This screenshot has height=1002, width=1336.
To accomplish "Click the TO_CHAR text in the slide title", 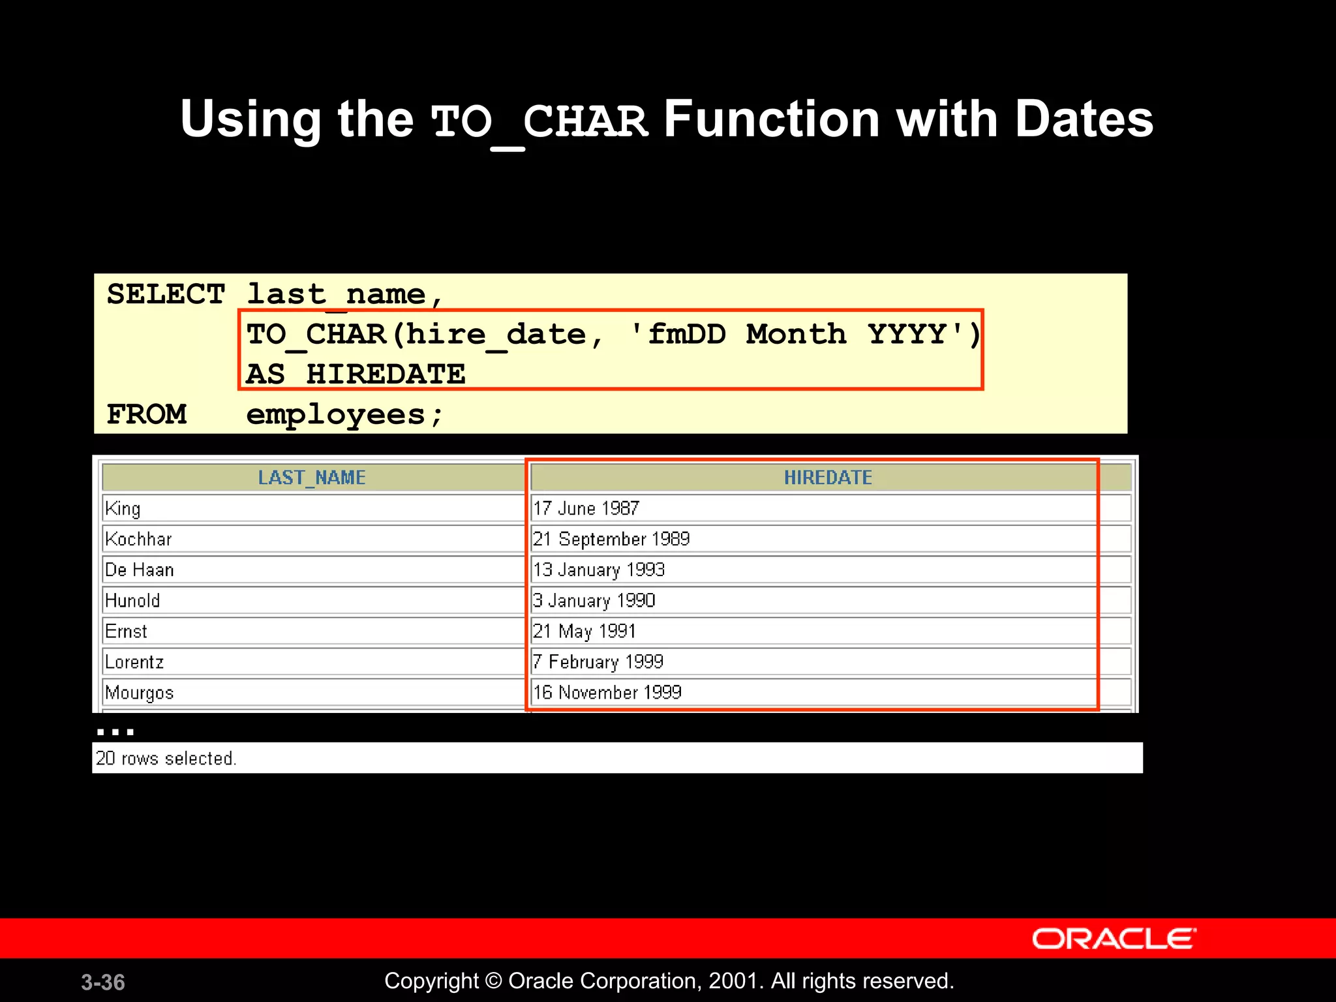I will [539, 122].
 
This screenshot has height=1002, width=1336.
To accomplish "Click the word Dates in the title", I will [1084, 119].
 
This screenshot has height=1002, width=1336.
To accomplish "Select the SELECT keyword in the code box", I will [166, 294].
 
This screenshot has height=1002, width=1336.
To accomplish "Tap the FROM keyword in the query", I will [147, 414].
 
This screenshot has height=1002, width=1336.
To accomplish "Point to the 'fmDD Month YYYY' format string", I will [799, 334].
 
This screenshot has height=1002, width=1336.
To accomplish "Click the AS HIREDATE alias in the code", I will [356, 374].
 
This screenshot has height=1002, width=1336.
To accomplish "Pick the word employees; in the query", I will [344, 415].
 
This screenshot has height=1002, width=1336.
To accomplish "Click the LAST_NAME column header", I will [312, 478].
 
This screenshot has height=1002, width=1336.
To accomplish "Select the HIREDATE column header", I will [827, 478].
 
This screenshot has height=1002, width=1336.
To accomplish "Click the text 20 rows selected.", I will [166, 758].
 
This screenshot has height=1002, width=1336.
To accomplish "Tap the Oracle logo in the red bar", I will [1114, 939].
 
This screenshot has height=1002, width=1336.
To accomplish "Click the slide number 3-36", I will [103, 982].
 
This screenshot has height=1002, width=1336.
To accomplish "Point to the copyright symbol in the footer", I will [494, 981].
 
